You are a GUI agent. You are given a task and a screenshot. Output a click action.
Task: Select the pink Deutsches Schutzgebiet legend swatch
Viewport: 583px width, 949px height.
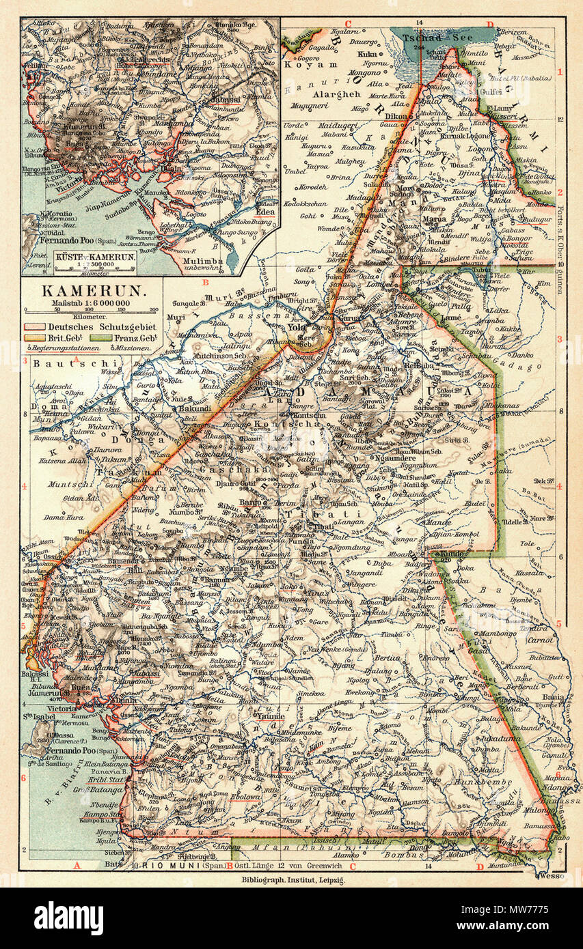[33, 327]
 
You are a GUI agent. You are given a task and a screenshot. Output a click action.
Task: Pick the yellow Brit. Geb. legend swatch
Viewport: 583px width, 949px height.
[33, 338]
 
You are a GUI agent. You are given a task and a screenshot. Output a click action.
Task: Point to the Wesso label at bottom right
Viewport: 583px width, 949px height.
[552, 875]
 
